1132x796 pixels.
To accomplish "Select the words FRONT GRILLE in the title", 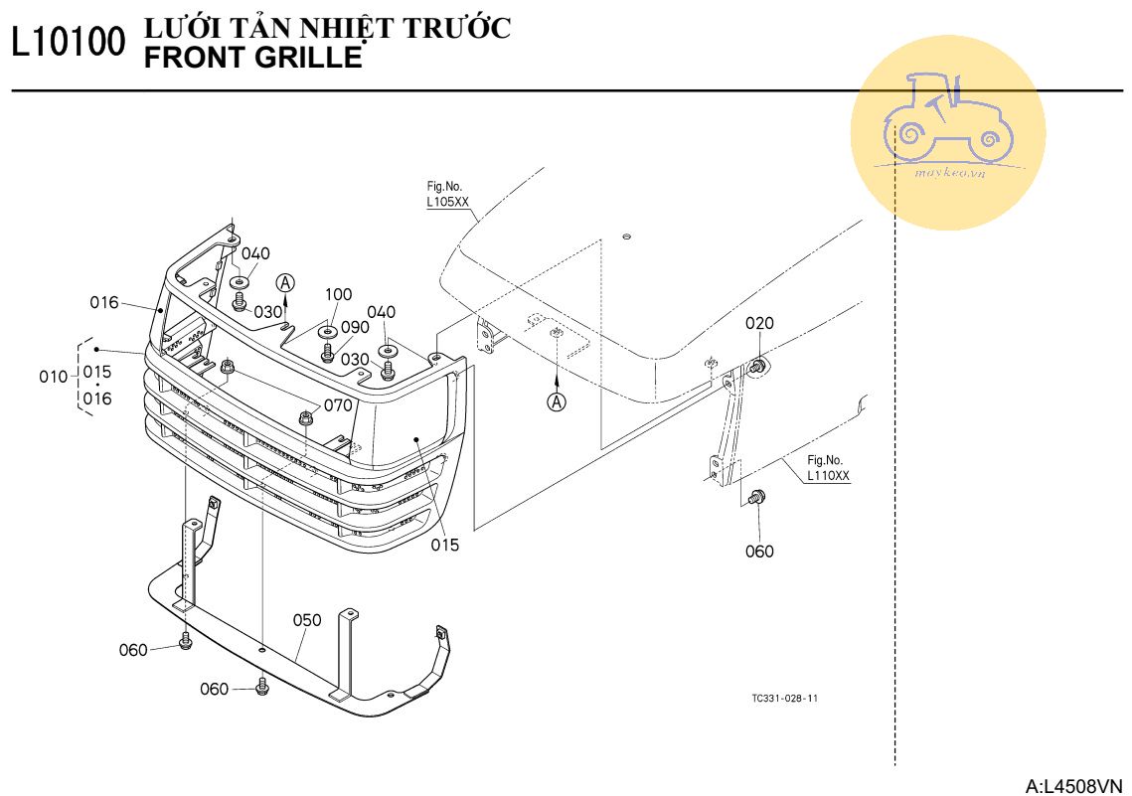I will pos(253,58).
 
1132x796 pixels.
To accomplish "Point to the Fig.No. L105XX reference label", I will pos(447,194).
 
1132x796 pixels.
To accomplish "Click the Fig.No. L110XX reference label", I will pos(828,468).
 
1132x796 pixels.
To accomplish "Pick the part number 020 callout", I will pos(759,324).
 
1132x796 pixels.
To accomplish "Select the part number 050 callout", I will pos(307,620).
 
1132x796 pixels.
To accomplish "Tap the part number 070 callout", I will pos(338,405).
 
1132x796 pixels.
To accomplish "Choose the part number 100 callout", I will pos(338,295).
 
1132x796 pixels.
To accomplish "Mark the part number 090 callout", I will pos(355,327).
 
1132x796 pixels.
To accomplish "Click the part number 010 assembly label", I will pos(54,377).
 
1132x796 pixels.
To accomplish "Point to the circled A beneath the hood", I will pos(558,402).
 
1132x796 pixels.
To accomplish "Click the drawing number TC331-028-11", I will pos(785,699).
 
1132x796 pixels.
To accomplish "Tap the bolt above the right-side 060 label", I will pos(758,497).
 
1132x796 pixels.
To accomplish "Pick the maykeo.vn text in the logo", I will pos(949,172).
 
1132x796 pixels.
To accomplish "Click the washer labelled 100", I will pos(327,330).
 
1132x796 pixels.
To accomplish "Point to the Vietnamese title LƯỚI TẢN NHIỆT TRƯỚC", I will pos(328,29).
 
